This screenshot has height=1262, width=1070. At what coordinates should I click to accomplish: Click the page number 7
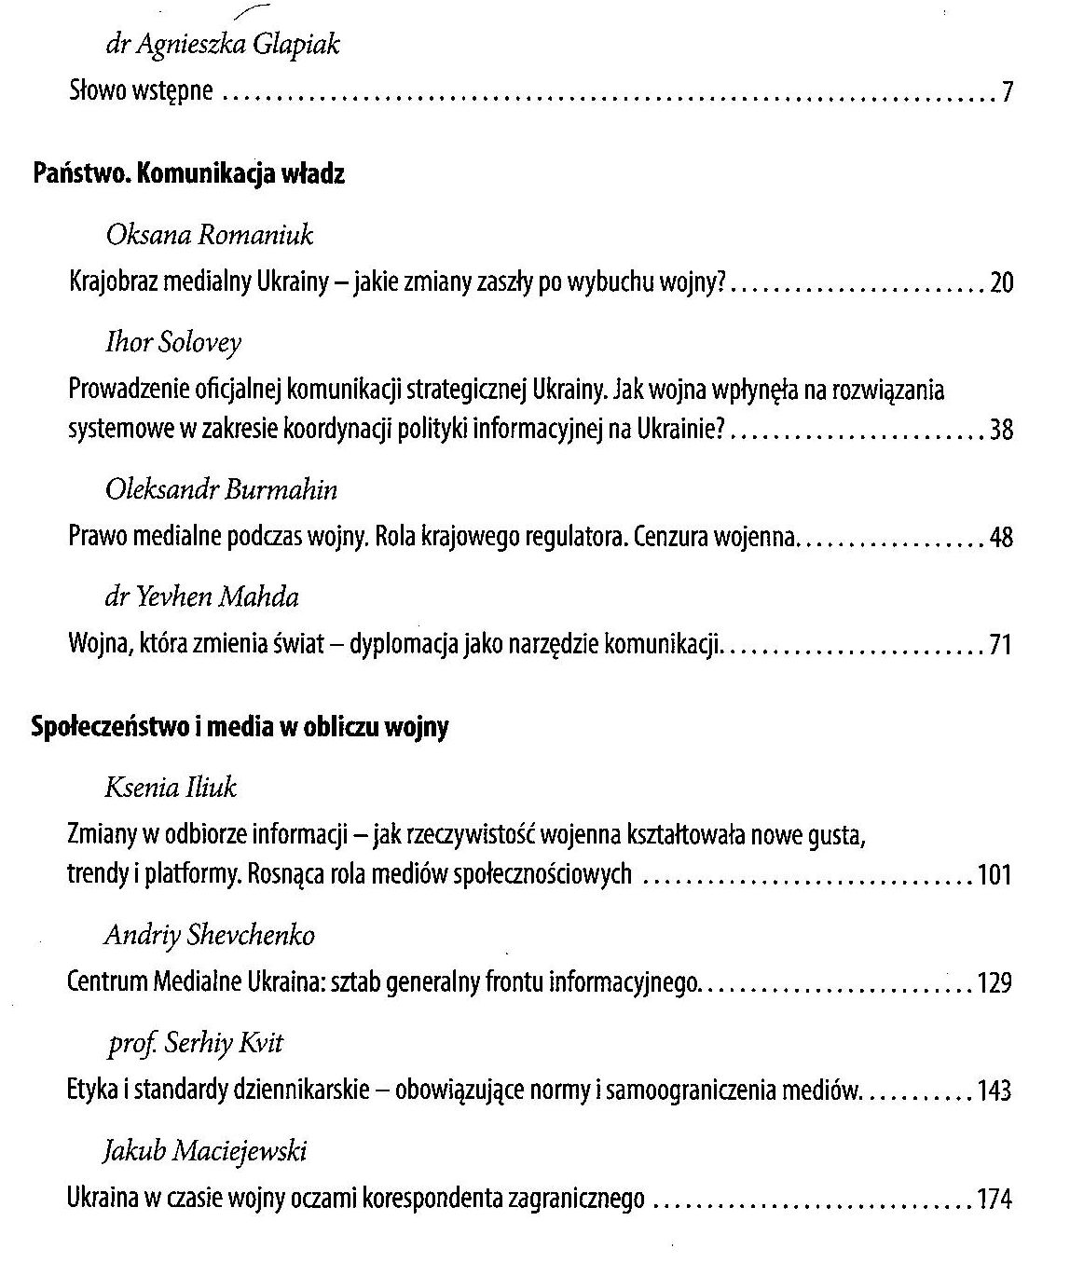1008,93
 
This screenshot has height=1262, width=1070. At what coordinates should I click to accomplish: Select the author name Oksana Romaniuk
210,235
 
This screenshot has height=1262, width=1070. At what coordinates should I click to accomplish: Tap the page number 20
1001,283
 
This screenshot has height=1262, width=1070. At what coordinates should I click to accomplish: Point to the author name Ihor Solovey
173,342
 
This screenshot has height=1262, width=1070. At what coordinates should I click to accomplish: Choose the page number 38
1001,431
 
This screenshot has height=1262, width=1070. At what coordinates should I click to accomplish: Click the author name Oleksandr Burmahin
222,489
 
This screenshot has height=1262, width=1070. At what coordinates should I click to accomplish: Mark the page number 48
1001,538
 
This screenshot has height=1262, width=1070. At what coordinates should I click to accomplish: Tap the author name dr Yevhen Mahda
201,597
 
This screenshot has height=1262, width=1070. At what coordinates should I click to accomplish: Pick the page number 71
1001,645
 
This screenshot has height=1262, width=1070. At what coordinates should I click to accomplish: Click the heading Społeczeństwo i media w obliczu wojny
240,727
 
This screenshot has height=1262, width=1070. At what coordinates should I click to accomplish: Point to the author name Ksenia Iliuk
171,788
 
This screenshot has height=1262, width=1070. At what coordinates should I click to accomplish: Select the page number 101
994,876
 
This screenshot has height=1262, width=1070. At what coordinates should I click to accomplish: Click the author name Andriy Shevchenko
210,935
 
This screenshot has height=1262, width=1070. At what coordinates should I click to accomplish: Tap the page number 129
994,983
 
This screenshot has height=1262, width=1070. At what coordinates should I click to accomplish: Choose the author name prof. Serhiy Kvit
193,1042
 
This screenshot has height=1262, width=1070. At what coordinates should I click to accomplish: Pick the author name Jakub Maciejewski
205,1151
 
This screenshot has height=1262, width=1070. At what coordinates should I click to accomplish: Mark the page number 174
994,1200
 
